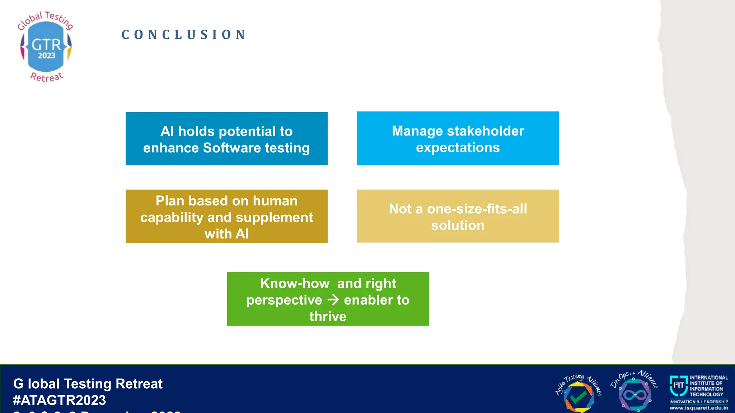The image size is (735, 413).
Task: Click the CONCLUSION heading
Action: click(x=184, y=35)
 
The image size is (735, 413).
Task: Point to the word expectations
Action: click(x=458, y=148)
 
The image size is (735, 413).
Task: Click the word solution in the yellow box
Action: click(x=458, y=226)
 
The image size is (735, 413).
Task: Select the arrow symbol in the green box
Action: click(x=333, y=300)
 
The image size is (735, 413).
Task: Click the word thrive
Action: click(x=328, y=317)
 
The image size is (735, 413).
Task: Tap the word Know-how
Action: click(x=295, y=283)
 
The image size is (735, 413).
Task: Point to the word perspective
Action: click(x=284, y=300)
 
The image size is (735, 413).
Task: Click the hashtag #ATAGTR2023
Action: click(x=60, y=400)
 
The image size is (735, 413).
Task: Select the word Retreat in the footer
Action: click(x=139, y=384)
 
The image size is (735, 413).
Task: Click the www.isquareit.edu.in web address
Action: click(x=699, y=408)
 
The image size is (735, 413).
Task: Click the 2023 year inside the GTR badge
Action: click(x=47, y=56)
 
